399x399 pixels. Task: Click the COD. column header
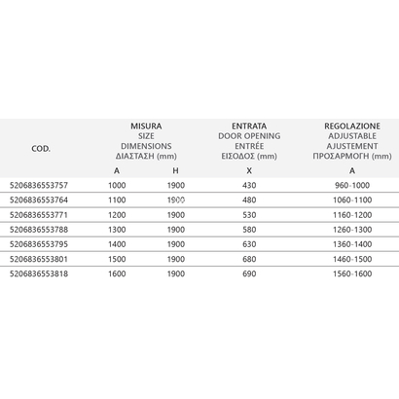coord(42,148)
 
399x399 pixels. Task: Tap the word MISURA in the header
coord(146,127)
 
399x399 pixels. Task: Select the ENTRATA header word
coord(250,127)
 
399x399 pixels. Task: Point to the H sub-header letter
coord(176,171)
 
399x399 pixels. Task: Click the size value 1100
coord(118,199)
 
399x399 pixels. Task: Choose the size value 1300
coord(118,229)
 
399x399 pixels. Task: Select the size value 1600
coord(118,273)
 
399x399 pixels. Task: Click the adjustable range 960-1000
coord(353,185)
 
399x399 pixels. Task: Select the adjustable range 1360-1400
coord(353,243)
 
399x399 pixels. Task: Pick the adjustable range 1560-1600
coord(353,273)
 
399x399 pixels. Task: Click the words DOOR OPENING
coord(250,136)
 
